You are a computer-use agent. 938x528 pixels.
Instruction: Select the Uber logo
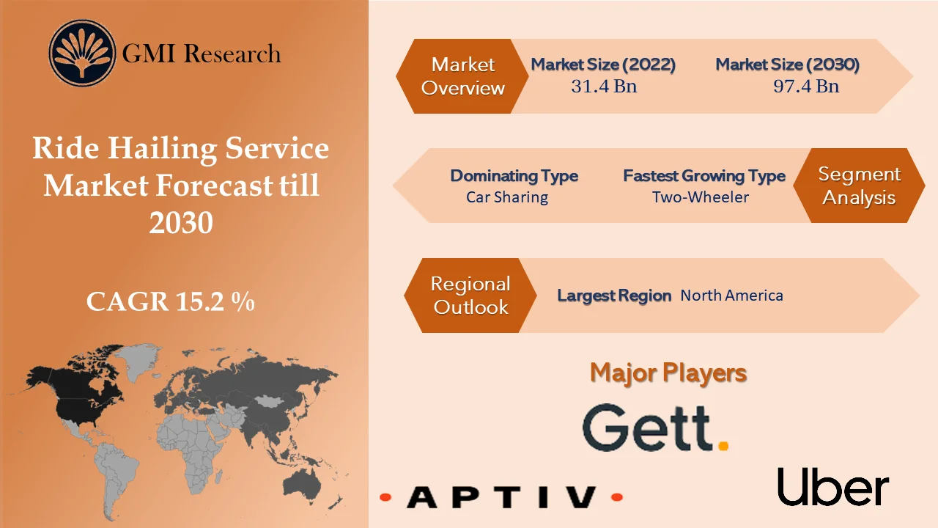(833, 486)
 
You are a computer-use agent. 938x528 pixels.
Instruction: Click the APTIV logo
(501, 498)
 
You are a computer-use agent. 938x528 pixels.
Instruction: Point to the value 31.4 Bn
(604, 87)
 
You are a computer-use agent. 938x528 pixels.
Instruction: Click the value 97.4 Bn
(806, 87)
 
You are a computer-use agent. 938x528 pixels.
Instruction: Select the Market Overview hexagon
(462, 76)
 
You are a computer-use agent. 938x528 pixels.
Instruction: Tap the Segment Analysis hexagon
(859, 186)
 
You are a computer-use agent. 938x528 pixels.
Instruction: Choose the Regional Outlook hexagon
(470, 296)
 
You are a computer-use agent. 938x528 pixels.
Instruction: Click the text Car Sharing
(507, 197)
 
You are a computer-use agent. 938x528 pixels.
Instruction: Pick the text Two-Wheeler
(701, 197)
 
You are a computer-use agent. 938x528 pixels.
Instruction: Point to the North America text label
(731, 296)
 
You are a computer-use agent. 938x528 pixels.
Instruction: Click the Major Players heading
(668, 373)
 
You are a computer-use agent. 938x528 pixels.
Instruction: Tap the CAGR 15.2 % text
(170, 301)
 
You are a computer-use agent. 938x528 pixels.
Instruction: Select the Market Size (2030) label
(787, 65)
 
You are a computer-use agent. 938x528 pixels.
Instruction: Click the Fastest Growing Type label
(704, 176)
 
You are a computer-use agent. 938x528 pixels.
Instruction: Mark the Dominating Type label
(514, 176)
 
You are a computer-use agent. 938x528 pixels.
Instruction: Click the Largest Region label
(614, 296)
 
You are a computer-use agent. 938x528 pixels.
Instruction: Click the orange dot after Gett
(723, 445)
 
